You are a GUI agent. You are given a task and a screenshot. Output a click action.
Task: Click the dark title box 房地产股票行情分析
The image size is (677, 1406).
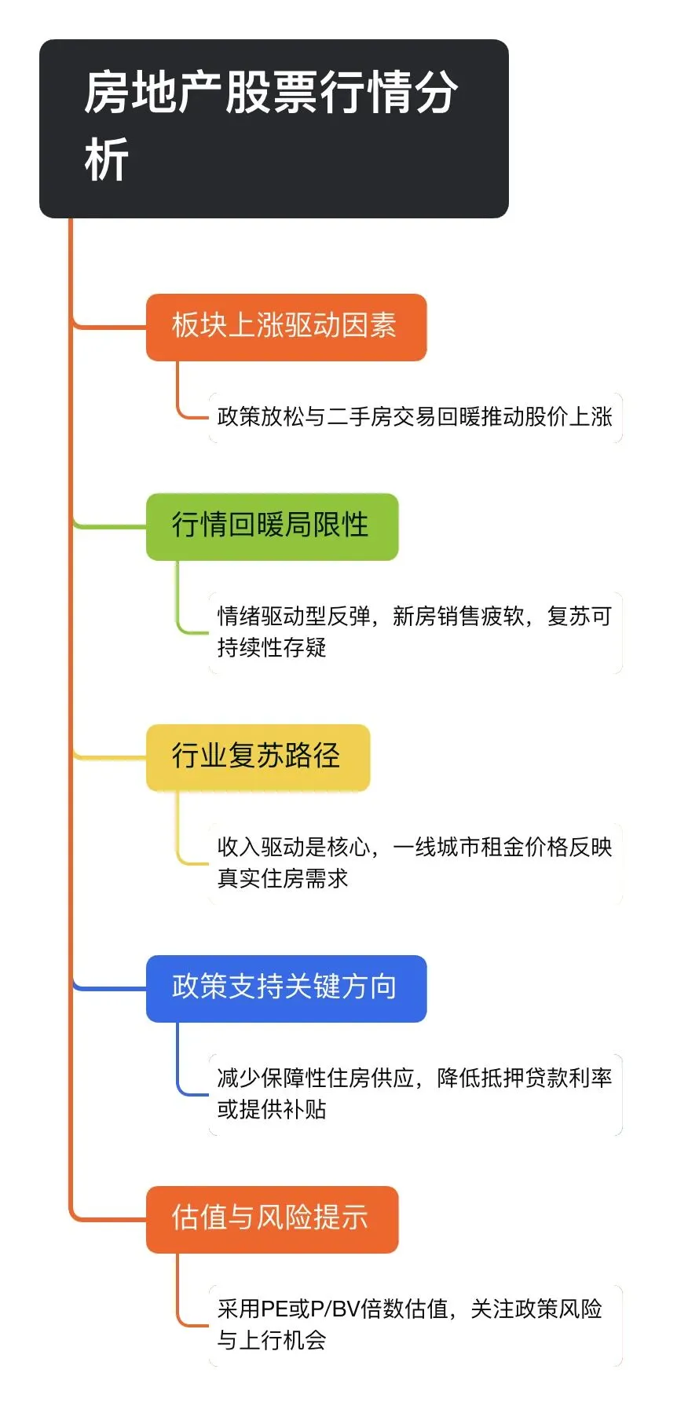(273, 128)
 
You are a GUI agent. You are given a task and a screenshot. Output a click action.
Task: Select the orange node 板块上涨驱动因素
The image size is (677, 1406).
(286, 327)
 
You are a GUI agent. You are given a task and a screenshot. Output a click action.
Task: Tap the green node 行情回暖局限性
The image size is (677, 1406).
(272, 526)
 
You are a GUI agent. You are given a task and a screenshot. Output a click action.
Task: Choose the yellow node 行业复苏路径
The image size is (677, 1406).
(258, 757)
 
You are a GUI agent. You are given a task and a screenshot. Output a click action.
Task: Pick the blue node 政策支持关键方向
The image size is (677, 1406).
(286, 988)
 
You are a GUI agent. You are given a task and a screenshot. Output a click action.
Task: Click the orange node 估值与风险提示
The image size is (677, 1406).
(272, 1219)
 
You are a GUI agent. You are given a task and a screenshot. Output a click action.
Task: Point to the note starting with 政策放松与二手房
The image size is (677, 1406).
(415, 417)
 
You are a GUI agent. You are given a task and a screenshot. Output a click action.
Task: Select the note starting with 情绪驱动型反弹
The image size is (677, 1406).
(415, 632)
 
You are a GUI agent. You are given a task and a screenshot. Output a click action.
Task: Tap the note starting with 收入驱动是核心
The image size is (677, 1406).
(415, 862)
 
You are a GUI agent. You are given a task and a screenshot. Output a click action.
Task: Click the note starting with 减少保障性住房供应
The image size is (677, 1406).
(415, 1093)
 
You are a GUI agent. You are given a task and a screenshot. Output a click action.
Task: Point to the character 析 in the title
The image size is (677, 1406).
(107, 161)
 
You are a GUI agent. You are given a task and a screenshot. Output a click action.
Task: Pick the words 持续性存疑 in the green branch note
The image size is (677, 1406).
(272, 648)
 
